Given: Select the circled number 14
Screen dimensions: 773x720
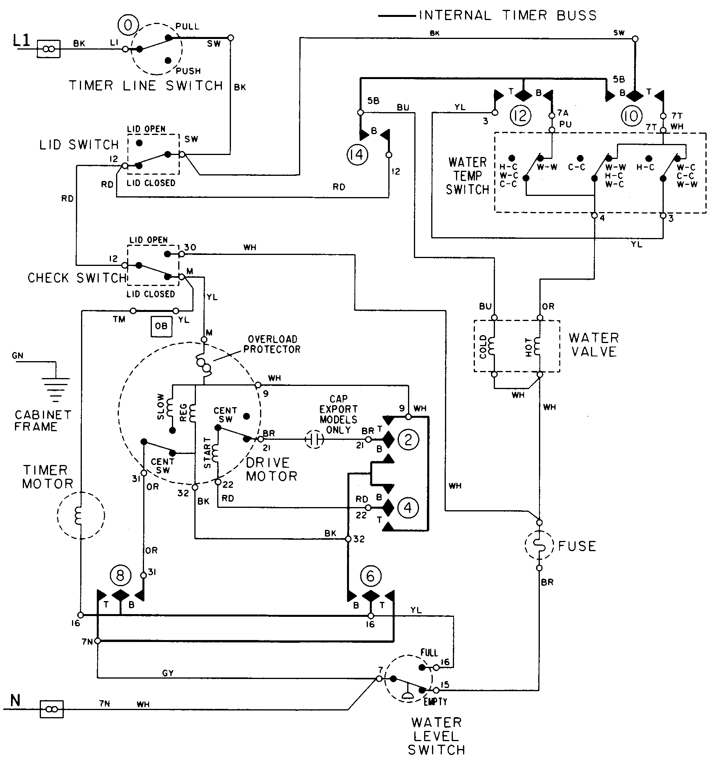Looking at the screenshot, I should point(357,155).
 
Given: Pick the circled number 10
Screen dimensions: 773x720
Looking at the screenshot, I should point(631,116).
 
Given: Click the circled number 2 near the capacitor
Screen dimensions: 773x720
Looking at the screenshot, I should point(408,439).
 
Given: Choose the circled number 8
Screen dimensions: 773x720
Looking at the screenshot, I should point(120,576).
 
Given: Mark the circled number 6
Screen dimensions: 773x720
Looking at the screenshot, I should point(370,577).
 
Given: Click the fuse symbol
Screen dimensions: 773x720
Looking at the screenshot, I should point(539,545).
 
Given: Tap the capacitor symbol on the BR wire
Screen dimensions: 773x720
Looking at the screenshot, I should point(315,439).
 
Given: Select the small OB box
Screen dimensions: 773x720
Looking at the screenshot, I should point(161,327).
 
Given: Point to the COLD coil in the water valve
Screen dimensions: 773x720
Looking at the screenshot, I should point(492,346).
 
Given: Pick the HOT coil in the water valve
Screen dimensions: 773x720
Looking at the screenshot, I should point(537,346).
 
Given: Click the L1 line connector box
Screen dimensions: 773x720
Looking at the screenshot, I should point(48,49).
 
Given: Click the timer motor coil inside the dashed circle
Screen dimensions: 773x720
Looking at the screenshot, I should point(78,515).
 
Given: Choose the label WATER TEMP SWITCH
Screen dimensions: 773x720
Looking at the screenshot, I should point(467,176).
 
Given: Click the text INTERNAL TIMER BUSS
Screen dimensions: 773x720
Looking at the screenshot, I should point(508,16).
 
